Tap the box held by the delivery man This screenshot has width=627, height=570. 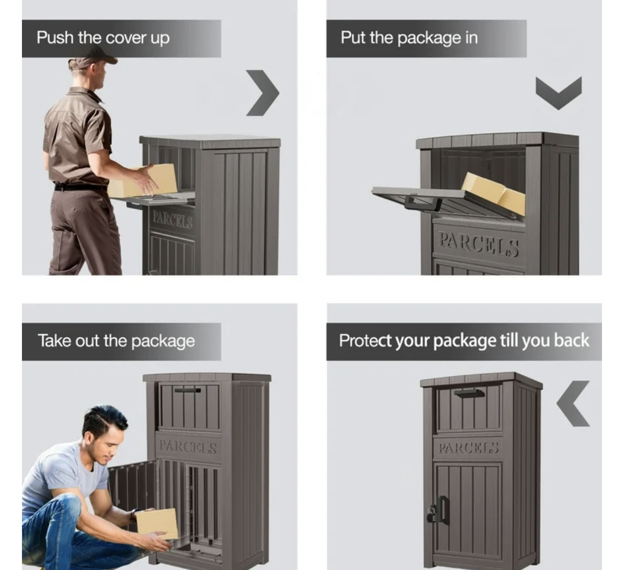[144, 181]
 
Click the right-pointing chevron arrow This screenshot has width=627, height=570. [262, 93]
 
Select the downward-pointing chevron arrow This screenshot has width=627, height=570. [559, 93]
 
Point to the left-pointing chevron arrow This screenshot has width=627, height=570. [572, 403]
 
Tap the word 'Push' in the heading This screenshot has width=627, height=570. [55, 37]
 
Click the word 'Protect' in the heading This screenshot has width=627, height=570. [365, 341]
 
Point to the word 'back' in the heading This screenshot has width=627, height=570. [571, 340]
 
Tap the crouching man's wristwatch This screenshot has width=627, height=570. [134, 516]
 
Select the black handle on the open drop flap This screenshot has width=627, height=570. [423, 204]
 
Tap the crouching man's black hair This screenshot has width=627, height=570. [104, 418]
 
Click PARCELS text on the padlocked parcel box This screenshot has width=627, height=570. [468, 448]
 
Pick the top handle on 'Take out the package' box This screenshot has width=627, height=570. [187, 390]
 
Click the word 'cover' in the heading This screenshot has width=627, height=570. [126, 38]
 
